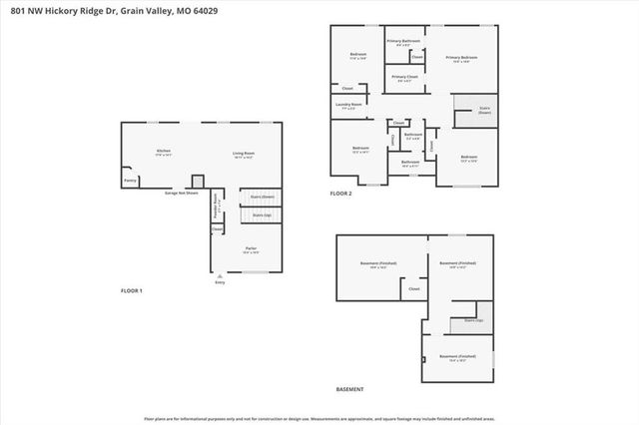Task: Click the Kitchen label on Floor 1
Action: coord(163,152)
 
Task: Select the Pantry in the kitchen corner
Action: coord(130,181)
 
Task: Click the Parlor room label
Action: coord(251,249)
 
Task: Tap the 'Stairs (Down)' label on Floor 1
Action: coord(263,197)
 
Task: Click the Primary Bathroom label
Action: coord(403,42)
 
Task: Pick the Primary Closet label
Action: coord(404,78)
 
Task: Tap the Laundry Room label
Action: coord(348,105)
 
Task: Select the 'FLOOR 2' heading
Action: coord(341,194)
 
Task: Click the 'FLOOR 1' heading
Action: coord(132,290)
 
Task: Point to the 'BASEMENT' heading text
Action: coord(349,389)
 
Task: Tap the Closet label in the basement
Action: coord(413,288)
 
